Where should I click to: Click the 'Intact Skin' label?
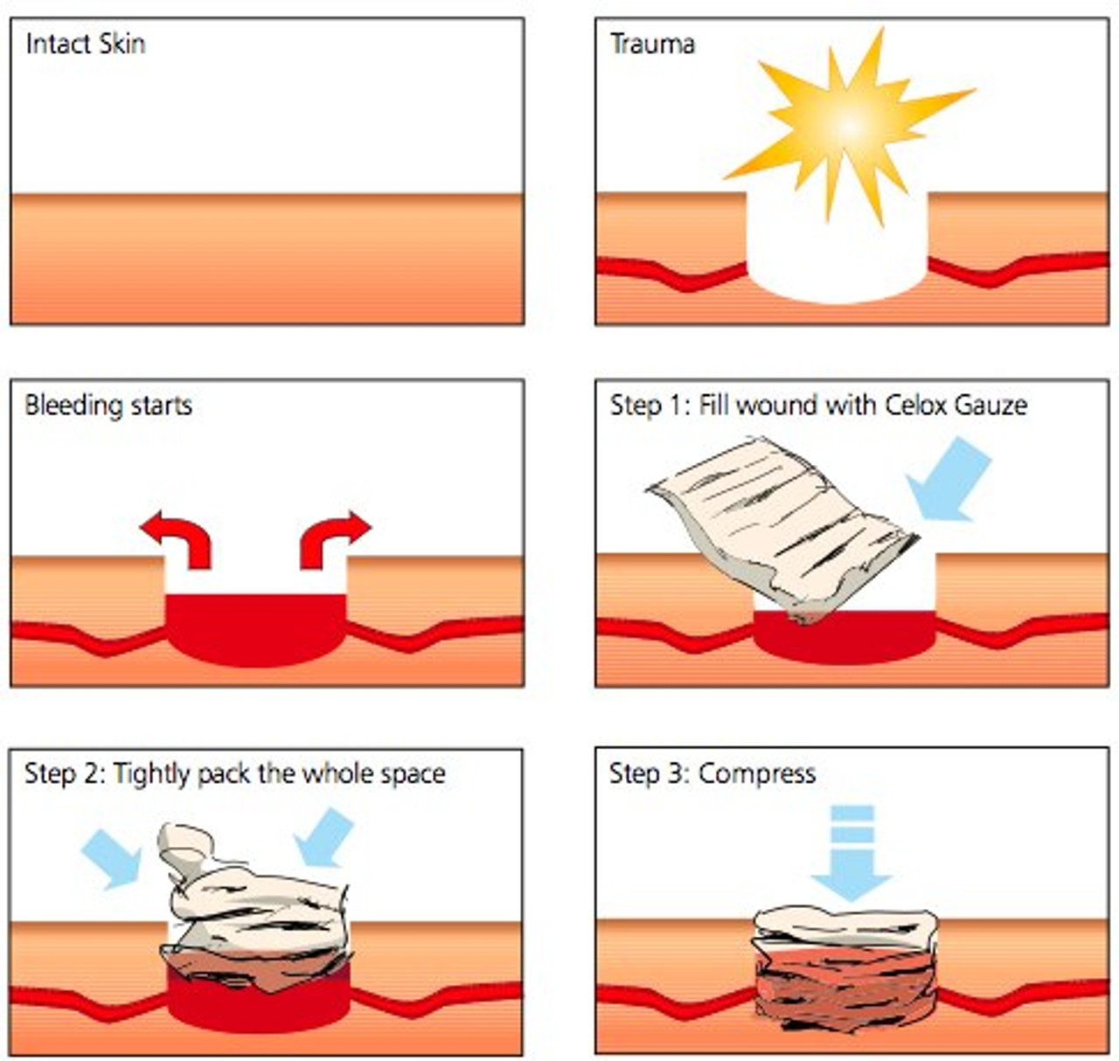pos(85,44)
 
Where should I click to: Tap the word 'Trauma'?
pos(652,44)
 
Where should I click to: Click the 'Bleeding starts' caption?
pos(108,406)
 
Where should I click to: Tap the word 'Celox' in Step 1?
pos(921,406)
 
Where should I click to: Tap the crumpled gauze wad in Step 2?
pos(254,909)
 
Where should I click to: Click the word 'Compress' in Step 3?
pos(757,774)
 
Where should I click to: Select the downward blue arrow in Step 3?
pos(851,852)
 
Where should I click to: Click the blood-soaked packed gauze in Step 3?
pos(844,970)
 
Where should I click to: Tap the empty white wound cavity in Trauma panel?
pos(837,253)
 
